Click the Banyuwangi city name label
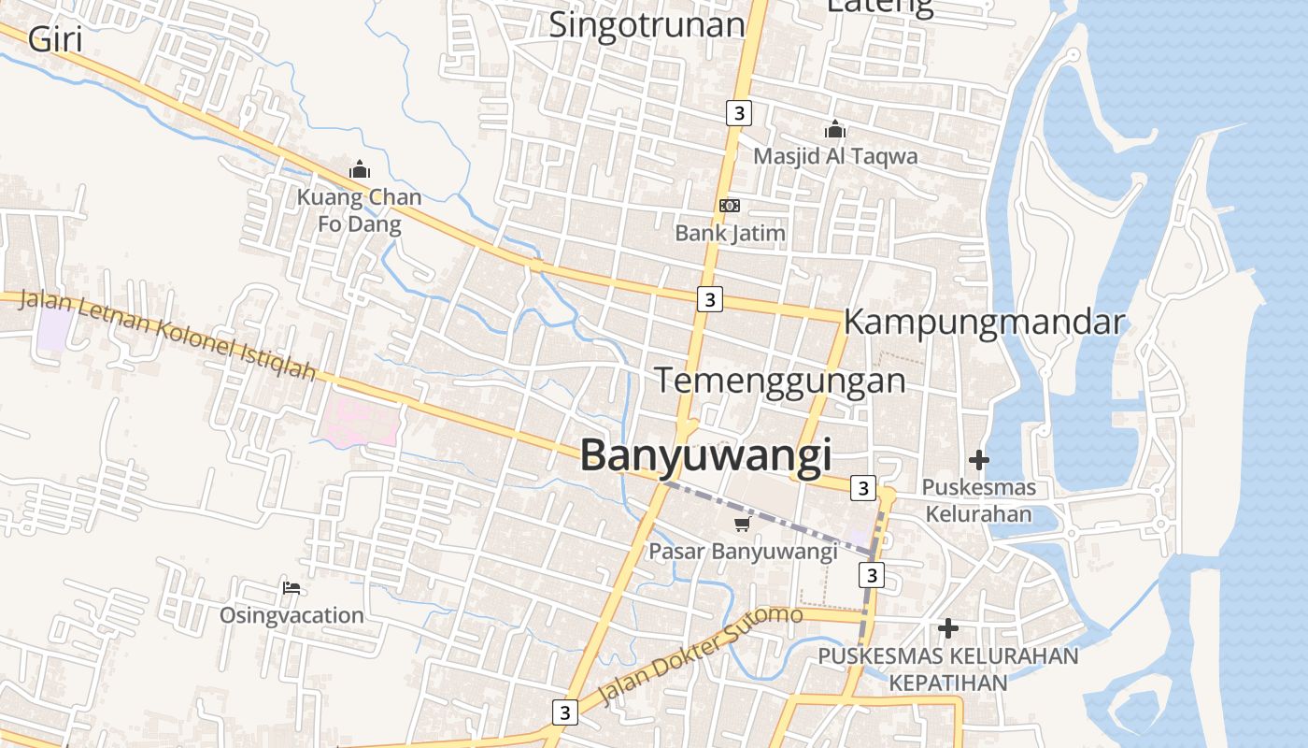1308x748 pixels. click(x=705, y=455)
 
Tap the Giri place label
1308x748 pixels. click(x=55, y=39)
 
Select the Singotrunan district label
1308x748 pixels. click(x=647, y=24)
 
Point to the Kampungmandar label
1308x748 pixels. click(x=984, y=322)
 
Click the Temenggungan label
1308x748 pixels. click(x=779, y=381)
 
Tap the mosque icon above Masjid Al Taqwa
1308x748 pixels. click(x=835, y=129)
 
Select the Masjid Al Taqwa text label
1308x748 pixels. click(x=835, y=156)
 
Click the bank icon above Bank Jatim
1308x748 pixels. click(x=730, y=206)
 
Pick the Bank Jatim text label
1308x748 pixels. click(x=731, y=233)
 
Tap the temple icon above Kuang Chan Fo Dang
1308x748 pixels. click(x=360, y=170)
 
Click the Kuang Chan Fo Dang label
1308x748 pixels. click(x=360, y=210)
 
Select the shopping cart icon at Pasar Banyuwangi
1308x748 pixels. click(x=743, y=525)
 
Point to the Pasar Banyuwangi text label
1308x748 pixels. click(x=743, y=551)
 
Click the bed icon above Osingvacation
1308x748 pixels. click(x=291, y=588)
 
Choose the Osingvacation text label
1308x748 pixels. click(x=291, y=615)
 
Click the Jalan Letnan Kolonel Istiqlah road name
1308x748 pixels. click(x=168, y=335)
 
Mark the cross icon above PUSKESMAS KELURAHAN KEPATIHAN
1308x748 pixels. click(x=948, y=628)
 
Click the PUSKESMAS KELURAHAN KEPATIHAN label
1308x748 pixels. click(x=948, y=669)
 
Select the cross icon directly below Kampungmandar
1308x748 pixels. click(x=979, y=460)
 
